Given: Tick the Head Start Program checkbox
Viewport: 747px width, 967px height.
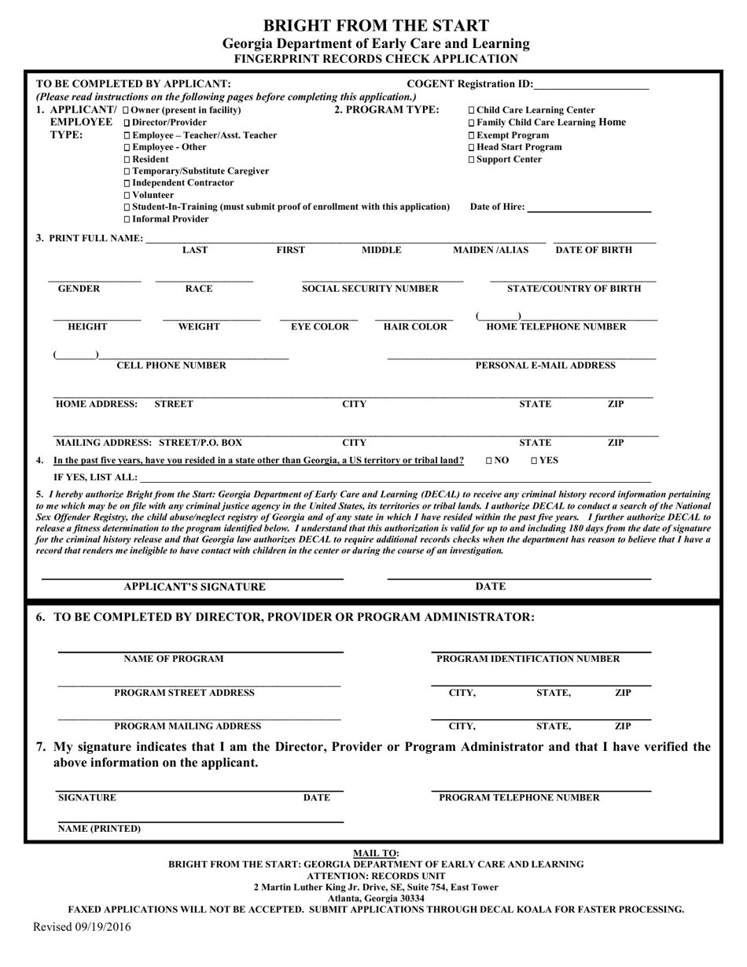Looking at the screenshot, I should (x=472, y=147).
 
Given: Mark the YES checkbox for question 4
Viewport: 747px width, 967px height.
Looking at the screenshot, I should (x=535, y=460).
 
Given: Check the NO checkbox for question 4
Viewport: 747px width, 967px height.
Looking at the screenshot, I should (x=490, y=460).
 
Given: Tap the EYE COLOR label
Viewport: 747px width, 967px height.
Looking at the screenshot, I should (x=320, y=327).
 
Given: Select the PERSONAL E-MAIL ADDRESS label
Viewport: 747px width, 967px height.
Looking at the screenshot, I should (x=545, y=365).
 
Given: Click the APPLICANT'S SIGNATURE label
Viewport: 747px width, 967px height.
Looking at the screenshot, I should (x=195, y=586).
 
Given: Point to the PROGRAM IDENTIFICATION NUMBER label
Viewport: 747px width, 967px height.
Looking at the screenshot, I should (x=528, y=658).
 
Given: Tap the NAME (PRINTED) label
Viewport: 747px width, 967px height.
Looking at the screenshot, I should (x=100, y=829).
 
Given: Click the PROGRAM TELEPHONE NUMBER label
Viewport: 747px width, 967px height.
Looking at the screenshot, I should (x=519, y=797).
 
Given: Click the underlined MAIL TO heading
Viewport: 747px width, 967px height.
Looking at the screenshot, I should (x=376, y=853).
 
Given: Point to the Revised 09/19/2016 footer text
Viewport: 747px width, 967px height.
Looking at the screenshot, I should (x=82, y=926).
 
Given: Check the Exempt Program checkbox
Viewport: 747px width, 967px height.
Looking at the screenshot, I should (x=472, y=134).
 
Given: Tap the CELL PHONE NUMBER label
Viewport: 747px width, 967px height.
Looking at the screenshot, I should (x=171, y=365).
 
